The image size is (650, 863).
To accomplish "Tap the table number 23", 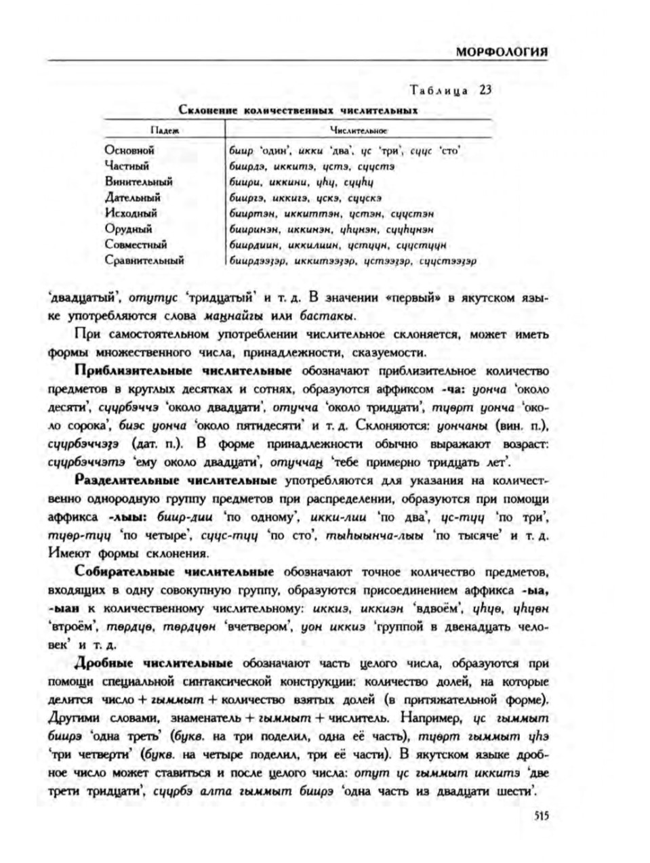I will (x=485, y=89).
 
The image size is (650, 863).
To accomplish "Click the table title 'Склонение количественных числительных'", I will (x=298, y=109).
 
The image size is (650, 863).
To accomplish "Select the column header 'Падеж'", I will (x=163, y=129).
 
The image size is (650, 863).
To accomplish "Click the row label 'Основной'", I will (x=129, y=150).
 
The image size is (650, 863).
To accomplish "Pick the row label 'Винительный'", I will (x=138, y=182).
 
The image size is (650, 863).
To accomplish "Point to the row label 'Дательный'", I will (x=133, y=197).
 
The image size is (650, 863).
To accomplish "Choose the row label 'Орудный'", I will (x=128, y=228).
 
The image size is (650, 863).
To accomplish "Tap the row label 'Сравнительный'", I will (x=144, y=260).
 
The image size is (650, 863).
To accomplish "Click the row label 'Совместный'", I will (x=136, y=245).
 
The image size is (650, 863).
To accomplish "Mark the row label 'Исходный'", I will (x=131, y=213).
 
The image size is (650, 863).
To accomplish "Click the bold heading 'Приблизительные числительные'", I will (x=184, y=371).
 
